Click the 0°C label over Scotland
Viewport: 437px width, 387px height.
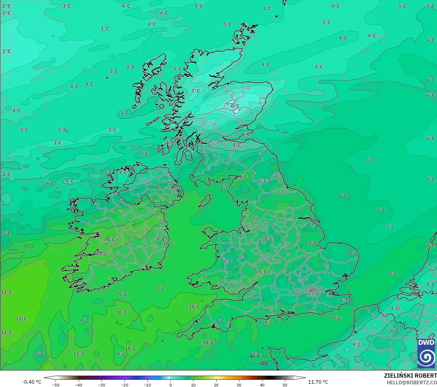(x=235, y=106)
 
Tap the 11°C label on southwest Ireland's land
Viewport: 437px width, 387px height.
(x=102, y=254)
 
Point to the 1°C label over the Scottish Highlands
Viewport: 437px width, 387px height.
(x=196, y=91)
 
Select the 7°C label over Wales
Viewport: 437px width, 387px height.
(x=228, y=262)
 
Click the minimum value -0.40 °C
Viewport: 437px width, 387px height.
(x=32, y=382)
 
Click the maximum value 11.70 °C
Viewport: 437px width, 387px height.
(x=318, y=382)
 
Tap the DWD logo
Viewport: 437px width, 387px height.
(x=426, y=353)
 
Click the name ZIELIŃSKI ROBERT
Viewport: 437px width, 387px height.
(x=410, y=376)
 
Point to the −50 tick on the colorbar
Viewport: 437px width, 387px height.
(x=56, y=385)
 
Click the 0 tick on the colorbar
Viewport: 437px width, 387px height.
(x=170, y=385)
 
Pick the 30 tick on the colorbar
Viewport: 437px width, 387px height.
(x=239, y=385)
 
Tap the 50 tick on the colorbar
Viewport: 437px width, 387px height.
(x=285, y=385)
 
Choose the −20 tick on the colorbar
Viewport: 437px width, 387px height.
(x=124, y=385)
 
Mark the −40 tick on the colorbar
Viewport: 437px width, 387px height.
(x=78, y=385)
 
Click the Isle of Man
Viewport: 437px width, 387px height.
(x=205, y=201)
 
